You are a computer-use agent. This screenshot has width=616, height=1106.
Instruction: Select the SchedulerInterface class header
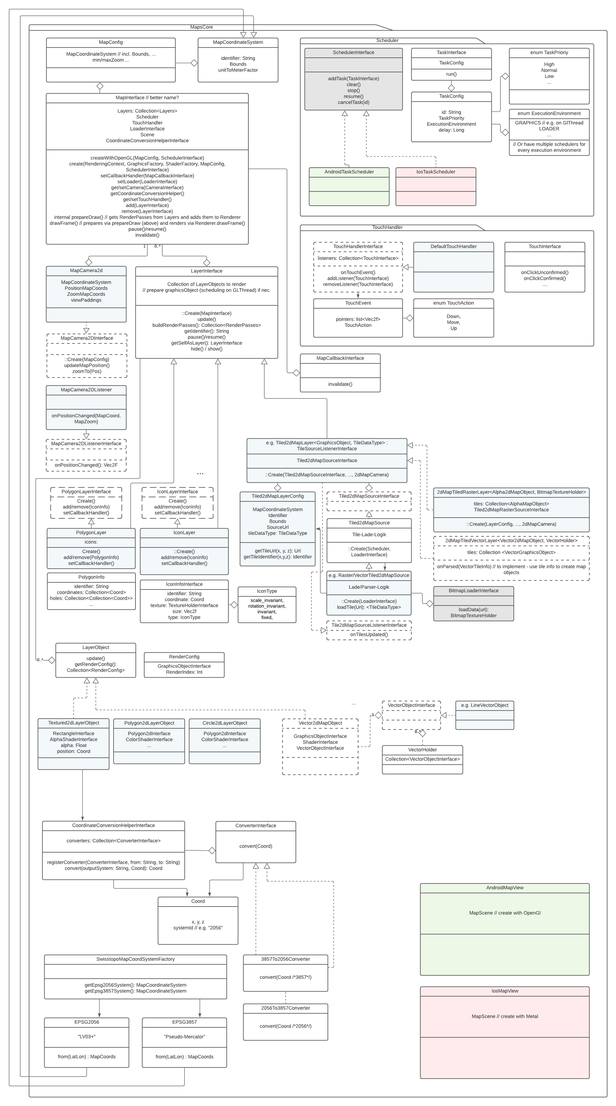click(x=353, y=52)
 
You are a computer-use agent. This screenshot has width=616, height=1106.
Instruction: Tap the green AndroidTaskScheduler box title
click(x=349, y=172)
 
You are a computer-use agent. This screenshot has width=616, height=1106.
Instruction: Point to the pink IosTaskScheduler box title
click(x=436, y=172)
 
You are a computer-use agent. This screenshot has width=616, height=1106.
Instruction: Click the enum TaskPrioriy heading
click(x=549, y=52)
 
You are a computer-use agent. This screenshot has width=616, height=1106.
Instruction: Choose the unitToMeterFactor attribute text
click(x=238, y=70)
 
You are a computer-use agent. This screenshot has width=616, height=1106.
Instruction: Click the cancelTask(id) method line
click(x=353, y=102)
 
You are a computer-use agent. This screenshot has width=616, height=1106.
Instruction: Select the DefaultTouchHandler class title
click(x=453, y=247)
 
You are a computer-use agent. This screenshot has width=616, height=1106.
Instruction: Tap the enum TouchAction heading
click(x=453, y=303)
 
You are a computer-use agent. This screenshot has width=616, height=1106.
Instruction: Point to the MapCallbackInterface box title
click(x=340, y=358)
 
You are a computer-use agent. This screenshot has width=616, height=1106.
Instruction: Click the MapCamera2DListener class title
click(x=86, y=390)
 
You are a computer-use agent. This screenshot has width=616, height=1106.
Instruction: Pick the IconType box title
click(x=267, y=591)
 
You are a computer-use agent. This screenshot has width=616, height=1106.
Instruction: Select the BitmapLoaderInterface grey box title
click(x=474, y=591)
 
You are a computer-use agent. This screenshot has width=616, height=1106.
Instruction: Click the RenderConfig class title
click(x=184, y=657)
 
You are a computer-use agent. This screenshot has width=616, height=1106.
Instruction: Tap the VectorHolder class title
click(x=423, y=750)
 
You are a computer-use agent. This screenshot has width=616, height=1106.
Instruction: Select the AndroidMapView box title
click(x=505, y=888)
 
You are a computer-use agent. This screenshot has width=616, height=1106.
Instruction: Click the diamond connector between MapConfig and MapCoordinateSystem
click(x=194, y=63)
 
